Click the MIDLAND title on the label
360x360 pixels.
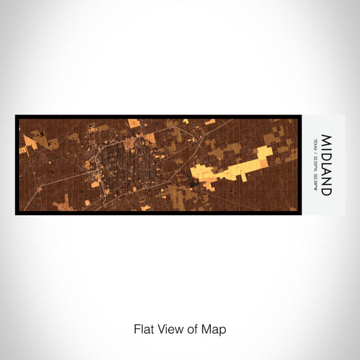pos(326,165)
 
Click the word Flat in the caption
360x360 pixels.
pos(143,328)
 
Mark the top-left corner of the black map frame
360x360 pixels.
pos(16,116)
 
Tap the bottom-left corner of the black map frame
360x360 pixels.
pos(16,214)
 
